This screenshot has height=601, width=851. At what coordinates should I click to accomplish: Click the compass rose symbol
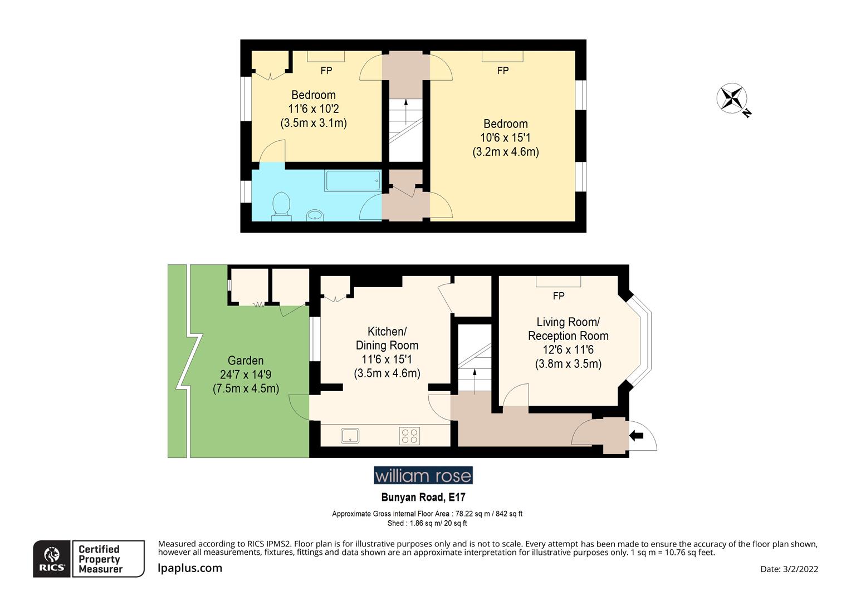(731, 98)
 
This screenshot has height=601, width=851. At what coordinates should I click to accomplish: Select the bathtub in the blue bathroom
(353, 181)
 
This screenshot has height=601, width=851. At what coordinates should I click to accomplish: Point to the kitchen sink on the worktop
(350, 436)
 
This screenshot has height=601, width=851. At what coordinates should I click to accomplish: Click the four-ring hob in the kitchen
(409, 436)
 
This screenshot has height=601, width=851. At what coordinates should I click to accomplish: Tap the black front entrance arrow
(636, 436)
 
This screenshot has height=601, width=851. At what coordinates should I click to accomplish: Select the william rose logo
(423, 475)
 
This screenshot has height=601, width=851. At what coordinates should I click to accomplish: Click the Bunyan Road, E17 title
(423, 497)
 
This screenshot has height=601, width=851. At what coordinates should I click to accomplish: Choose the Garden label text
(246, 361)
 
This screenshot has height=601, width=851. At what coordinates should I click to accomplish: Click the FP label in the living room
(559, 296)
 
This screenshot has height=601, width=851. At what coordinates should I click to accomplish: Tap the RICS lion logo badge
(52, 559)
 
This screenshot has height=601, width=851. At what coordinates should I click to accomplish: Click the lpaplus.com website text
(190, 568)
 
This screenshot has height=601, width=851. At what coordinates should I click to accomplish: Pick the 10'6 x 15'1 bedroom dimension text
(506, 137)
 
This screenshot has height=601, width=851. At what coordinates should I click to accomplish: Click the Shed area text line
(427, 523)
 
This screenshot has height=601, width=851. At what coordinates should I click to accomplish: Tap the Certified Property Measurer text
(100, 559)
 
